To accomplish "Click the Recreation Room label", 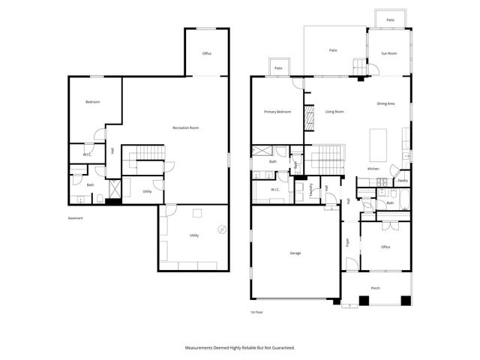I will pos(185,128).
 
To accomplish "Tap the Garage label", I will pos(295,253).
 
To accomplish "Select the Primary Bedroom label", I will pos(277,112).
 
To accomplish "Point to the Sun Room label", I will pos(388,53).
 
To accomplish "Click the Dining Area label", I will pos(385,103).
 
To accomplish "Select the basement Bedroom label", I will pos(92,101).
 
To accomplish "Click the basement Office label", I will pos(207,54).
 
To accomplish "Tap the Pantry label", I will pos(403,180).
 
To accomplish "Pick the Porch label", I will pos(376,288).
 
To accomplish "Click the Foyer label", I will pos(347,242).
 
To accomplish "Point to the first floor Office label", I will pos(385,247).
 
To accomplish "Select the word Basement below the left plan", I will pos(75,218).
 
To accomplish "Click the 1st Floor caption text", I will pos(257,311).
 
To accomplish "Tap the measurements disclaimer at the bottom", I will pos(240,347).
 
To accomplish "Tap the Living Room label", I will pos(334,112).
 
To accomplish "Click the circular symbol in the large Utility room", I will pos(221,229).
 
